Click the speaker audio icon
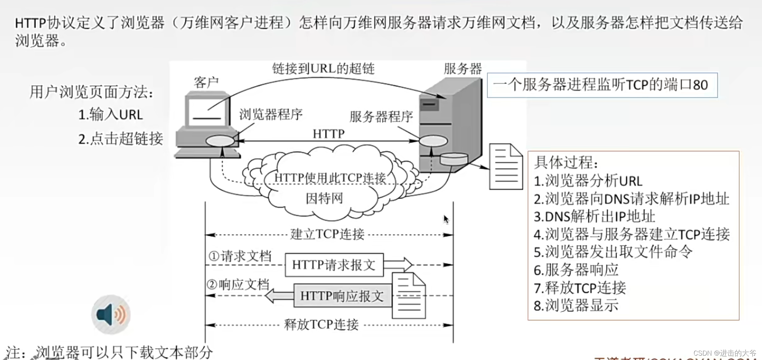[x=111, y=314]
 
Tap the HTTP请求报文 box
[x=334, y=265]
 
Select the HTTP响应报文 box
[x=342, y=296]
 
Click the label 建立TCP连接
[x=327, y=234]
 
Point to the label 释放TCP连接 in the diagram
[x=321, y=325]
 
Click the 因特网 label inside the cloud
[x=324, y=198]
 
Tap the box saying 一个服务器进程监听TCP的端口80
[x=602, y=85]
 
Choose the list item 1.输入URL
[x=111, y=115]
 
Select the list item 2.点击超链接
[x=121, y=139]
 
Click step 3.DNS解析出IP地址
[x=594, y=216]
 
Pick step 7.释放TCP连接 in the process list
[x=580, y=288]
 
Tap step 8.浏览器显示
[x=576, y=305]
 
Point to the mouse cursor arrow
[x=445, y=219]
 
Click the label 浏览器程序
[x=271, y=115]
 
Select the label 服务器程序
[x=381, y=117]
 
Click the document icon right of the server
[x=506, y=167]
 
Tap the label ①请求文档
[x=240, y=256]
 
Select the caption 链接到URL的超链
[x=323, y=68]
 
